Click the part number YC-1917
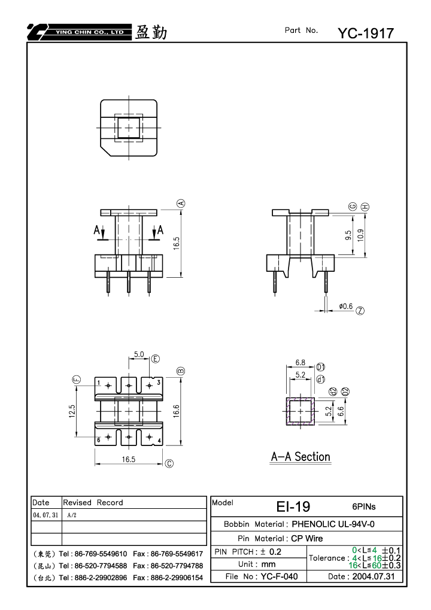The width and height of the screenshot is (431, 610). click(x=366, y=34)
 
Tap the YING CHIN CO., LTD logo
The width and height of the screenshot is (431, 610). click(x=79, y=32)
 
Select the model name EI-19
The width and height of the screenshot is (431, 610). click(x=293, y=506)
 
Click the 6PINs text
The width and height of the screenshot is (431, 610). click(x=364, y=506)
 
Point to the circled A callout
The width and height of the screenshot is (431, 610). click(x=181, y=204)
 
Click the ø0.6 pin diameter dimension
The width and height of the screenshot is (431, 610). click(x=346, y=306)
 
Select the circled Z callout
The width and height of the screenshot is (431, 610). click(x=360, y=311)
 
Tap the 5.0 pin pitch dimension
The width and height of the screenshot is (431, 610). click(x=139, y=354)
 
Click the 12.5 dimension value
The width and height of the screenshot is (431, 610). click(x=72, y=411)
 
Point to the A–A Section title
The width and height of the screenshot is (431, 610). click(x=301, y=457)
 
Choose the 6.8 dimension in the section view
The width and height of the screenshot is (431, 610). click(x=301, y=363)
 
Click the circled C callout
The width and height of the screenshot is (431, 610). click(x=169, y=463)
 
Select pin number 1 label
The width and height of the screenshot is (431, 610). click(x=99, y=383)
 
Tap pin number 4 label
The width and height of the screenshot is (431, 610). click(x=159, y=441)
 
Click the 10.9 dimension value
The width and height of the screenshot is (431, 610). click(x=360, y=235)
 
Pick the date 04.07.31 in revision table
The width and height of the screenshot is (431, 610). click(x=45, y=515)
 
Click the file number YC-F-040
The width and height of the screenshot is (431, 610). click(x=280, y=576)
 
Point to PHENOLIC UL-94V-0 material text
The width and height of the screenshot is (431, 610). click(x=333, y=524)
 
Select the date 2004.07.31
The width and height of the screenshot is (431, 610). click(x=374, y=576)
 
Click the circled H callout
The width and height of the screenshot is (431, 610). click(x=365, y=207)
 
